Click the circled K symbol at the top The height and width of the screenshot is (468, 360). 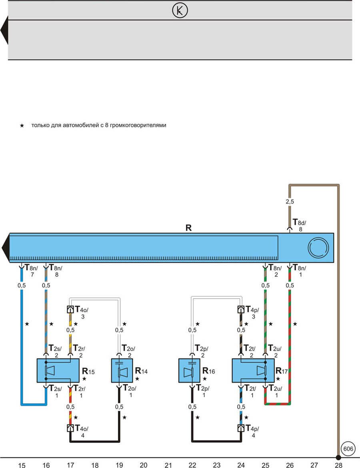coord(180,11)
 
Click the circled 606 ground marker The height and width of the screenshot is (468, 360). coord(348,449)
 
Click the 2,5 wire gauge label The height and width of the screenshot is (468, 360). coord(290,202)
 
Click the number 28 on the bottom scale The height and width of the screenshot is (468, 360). coord(339,465)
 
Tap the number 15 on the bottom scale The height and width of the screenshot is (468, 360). coord(22,465)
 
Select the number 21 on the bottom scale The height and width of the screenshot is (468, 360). coord(168,465)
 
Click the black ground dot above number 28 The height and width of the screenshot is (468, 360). coord(338,457)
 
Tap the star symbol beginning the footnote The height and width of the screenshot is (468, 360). coord(22,126)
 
